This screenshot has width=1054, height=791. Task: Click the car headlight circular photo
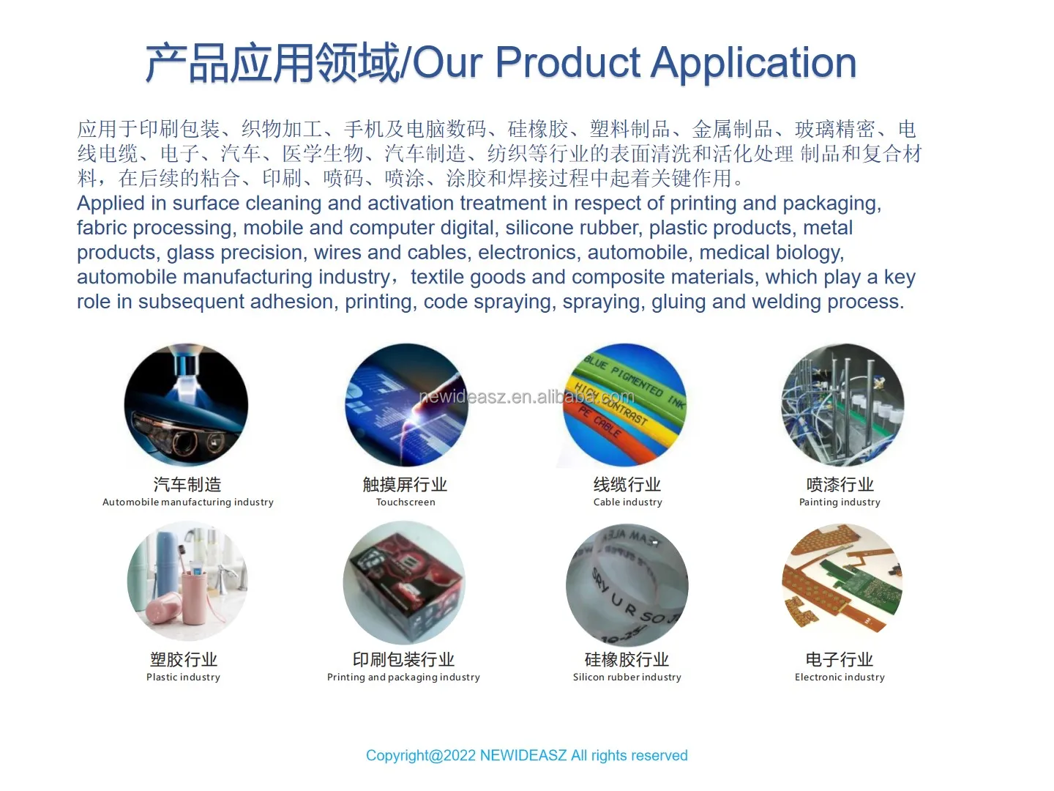point(186,405)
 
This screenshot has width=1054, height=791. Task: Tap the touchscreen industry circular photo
point(405,405)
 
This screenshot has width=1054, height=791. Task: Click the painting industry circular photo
point(842,405)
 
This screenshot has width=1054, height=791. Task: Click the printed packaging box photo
point(404,583)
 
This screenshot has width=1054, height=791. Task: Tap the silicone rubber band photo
point(627,583)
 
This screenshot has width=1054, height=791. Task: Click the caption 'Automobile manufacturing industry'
point(188,502)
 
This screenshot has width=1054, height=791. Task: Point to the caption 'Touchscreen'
point(405,502)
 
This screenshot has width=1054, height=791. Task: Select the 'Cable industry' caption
point(627,502)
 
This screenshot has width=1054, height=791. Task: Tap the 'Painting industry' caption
point(840,502)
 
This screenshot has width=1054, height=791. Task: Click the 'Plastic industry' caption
point(183,677)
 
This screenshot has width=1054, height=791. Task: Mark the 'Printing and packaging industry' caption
point(403,677)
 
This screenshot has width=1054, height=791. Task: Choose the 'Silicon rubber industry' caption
point(627,677)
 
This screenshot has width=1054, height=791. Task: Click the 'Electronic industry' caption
point(840,677)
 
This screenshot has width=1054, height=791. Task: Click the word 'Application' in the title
point(753,63)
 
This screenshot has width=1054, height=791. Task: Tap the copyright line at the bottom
point(526,755)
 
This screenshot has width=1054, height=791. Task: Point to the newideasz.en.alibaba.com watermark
point(526,397)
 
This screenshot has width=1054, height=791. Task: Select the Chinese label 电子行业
point(840,659)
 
